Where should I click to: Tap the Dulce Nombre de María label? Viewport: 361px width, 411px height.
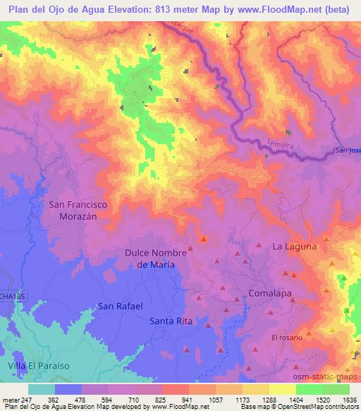[155, 258]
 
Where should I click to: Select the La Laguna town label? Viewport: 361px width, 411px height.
[293, 246]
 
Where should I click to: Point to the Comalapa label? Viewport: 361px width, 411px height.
[271, 292]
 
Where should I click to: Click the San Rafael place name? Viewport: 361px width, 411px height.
[120, 306]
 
